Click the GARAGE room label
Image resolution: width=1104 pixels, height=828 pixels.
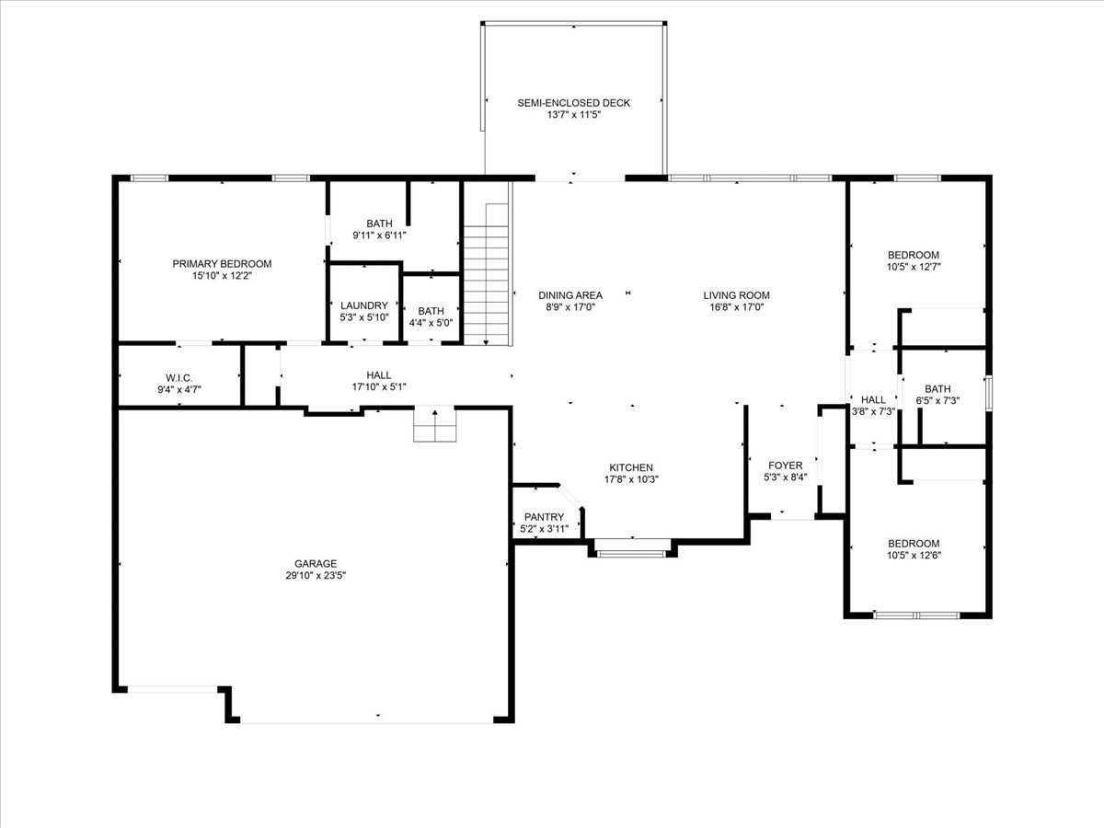point(316,564)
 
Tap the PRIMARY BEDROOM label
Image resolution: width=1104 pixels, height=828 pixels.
point(222,264)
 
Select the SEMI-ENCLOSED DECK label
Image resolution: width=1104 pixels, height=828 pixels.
point(574,103)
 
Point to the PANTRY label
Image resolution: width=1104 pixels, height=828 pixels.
point(544,517)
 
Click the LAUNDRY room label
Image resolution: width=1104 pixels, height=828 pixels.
point(364,305)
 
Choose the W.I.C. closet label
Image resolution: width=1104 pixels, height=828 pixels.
point(179,378)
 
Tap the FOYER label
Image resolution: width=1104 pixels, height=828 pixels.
point(785,466)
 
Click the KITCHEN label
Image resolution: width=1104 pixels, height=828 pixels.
point(631,467)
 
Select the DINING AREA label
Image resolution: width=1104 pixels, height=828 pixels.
point(570,295)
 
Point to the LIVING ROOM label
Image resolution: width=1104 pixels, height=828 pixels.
point(736,295)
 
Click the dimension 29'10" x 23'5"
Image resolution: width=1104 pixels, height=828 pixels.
point(316,576)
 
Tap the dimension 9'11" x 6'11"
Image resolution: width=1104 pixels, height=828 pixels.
point(379,236)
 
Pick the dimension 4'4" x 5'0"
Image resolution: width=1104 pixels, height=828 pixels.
point(431,323)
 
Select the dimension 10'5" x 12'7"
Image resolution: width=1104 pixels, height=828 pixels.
point(914,267)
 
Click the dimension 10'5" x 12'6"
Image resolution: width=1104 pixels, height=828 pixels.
point(914,556)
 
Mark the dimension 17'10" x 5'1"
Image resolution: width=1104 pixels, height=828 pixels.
point(379,387)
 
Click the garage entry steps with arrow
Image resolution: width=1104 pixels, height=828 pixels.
point(435,424)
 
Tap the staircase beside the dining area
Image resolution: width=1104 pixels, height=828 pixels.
point(486,274)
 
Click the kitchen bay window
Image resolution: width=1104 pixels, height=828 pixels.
point(632,549)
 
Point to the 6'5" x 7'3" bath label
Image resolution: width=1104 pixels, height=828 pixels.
point(937,395)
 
